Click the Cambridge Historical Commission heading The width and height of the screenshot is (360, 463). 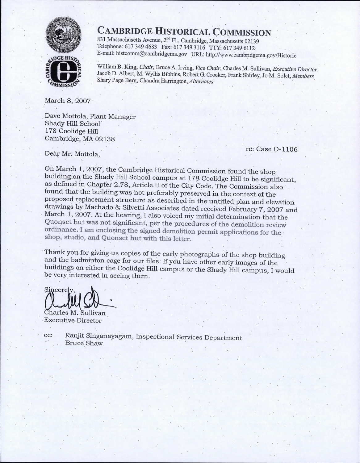click(184, 31)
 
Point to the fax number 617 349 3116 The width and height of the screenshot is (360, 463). click(189, 47)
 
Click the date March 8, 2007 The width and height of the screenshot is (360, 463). click(67, 101)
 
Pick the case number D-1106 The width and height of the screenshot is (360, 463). click(285, 149)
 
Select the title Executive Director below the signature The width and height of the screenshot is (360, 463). click(73, 320)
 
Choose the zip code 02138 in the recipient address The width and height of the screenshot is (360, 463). click(105, 139)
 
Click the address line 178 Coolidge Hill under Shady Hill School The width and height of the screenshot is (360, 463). click(67, 131)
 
